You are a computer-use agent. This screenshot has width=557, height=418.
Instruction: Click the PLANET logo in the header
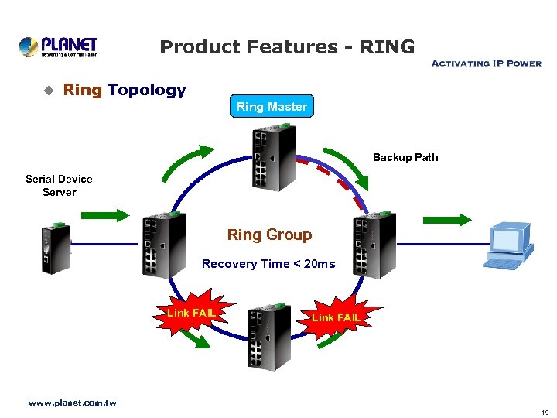tap(58, 46)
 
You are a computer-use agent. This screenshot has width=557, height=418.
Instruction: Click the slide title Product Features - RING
tap(287, 47)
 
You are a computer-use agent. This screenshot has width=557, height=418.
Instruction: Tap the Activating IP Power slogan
tap(486, 63)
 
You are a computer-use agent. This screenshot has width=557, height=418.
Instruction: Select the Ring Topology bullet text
tap(125, 90)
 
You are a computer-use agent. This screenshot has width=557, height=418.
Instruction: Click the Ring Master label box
tap(272, 107)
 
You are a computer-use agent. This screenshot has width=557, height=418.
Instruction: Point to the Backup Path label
tap(405, 157)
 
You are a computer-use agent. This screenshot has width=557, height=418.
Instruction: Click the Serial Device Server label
tap(59, 185)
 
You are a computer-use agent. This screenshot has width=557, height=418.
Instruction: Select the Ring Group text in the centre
tap(269, 235)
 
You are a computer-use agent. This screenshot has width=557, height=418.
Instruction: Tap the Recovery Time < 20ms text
tap(268, 264)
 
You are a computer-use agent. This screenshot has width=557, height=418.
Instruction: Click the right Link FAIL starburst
tap(334, 317)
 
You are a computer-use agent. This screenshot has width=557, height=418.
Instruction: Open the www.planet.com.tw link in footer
tap(72, 403)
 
